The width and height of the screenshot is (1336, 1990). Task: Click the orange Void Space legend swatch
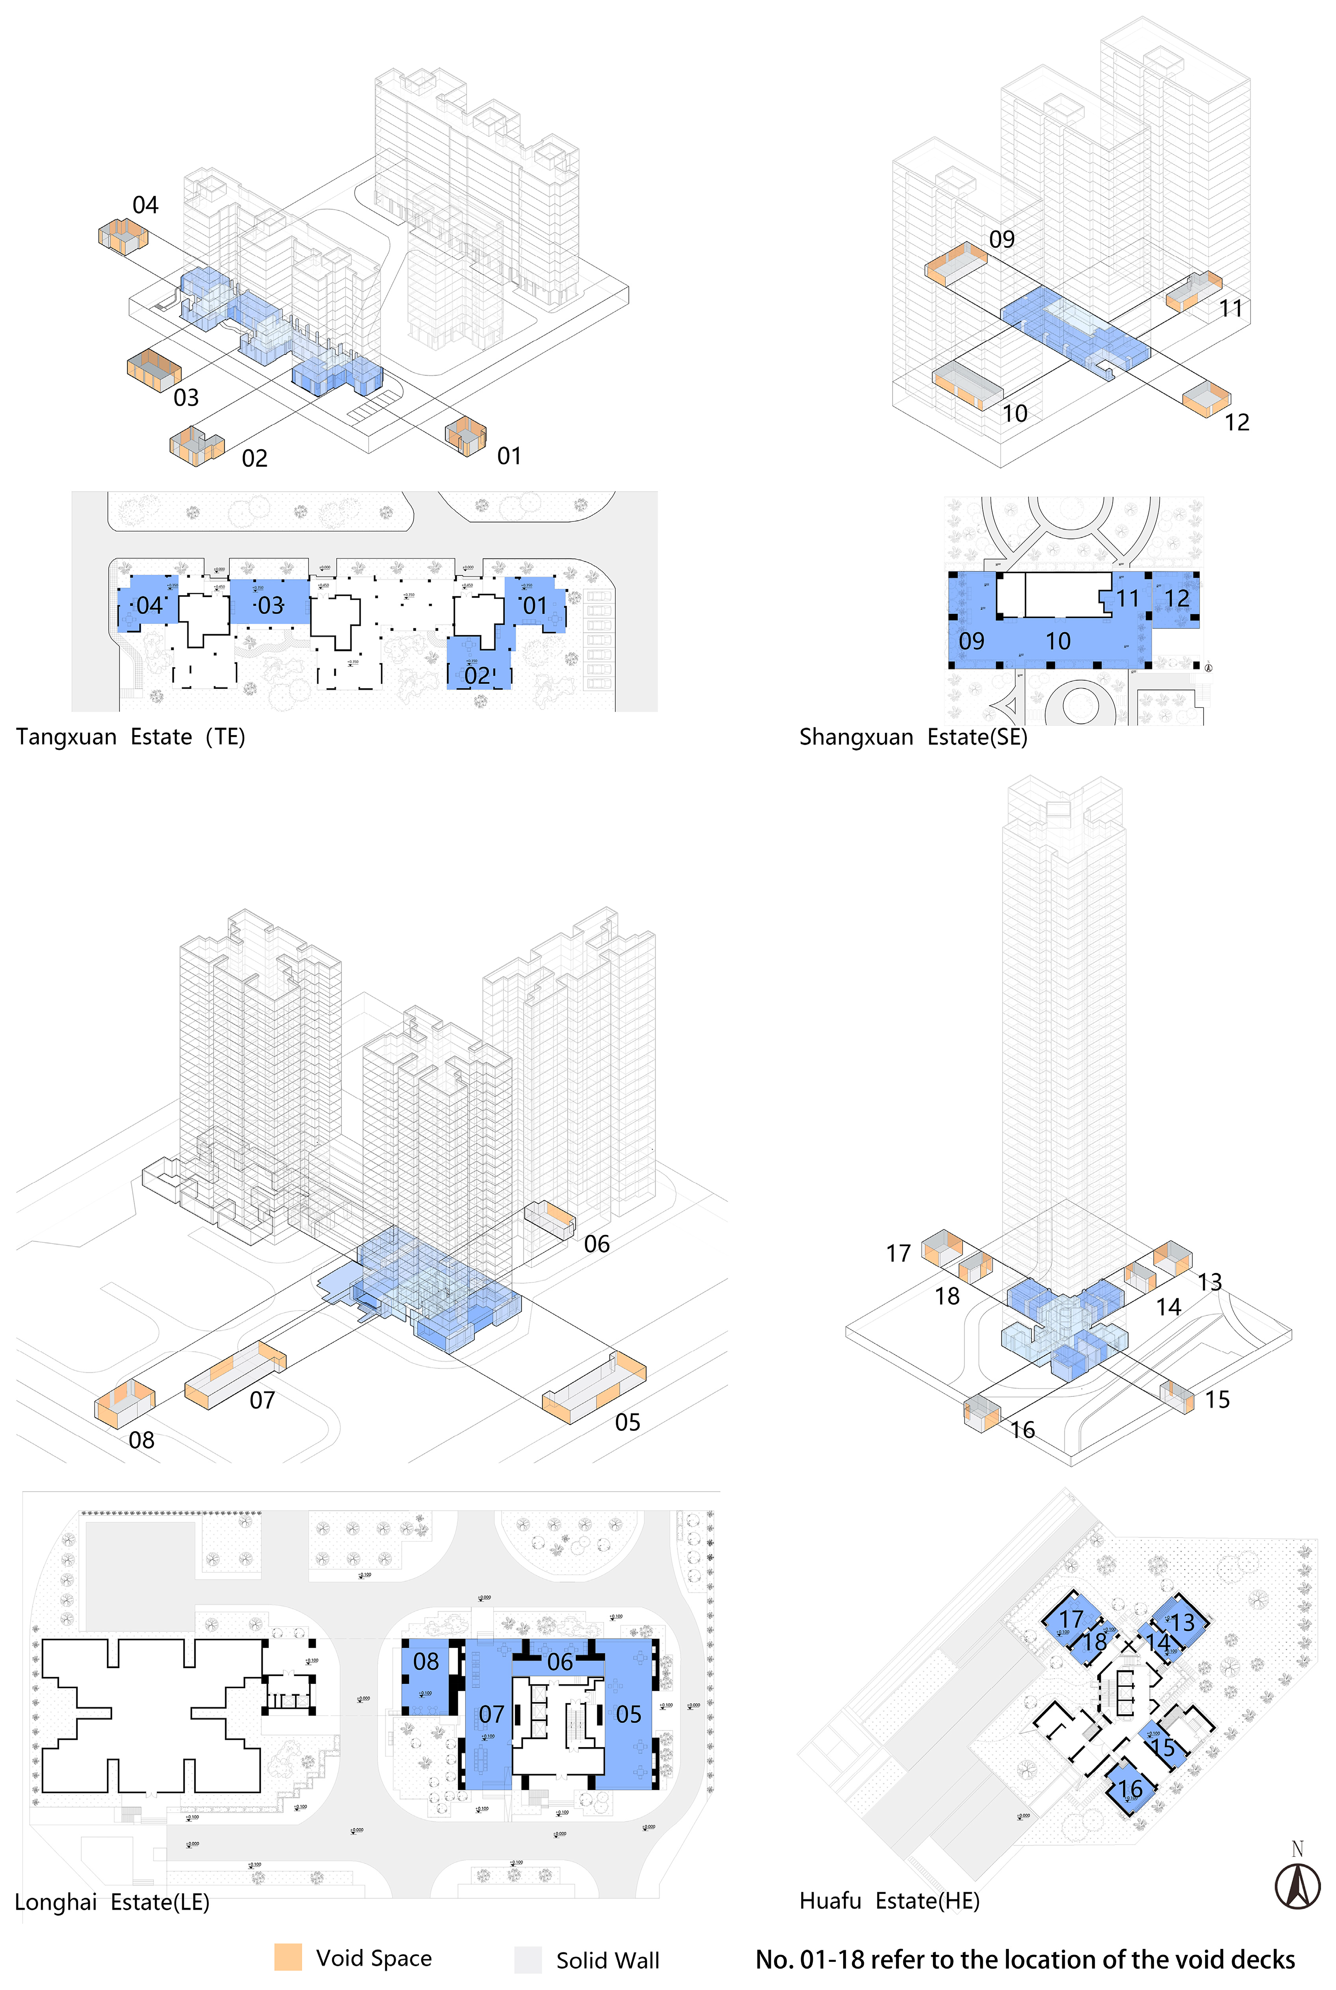click(x=288, y=1957)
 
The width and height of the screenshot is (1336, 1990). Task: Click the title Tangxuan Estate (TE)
click(x=131, y=737)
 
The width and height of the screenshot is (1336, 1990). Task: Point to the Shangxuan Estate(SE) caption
click(x=912, y=737)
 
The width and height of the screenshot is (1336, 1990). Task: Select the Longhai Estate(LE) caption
click(x=112, y=1901)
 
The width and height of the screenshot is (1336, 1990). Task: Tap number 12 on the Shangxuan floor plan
click(x=1177, y=599)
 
